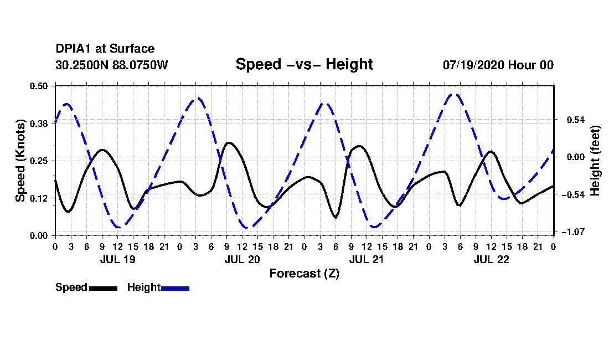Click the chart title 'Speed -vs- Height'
point(304,64)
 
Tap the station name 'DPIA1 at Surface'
point(105,49)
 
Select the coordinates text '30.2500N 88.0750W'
point(111,65)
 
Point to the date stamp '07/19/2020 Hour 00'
point(498,65)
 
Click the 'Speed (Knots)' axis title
point(20,161)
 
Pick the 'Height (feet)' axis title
point(595,161)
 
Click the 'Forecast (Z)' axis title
point(304,274)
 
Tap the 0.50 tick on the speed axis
point(39,86)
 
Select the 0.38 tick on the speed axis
point(39,124)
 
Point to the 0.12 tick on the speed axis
point(39,198)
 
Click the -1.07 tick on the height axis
point(573,232)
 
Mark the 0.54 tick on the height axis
point(575,120)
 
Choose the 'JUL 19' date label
point(118,259)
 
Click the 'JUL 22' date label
point(491,259)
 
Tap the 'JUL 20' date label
point(242,259)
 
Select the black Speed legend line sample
point(104,288)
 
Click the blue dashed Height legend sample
point(175,288)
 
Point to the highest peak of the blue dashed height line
point(453,94)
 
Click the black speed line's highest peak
point(229,143)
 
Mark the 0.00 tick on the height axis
point(575,157)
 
